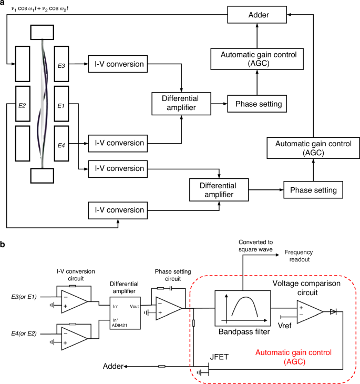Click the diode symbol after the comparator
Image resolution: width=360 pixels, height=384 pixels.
[333, 312]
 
